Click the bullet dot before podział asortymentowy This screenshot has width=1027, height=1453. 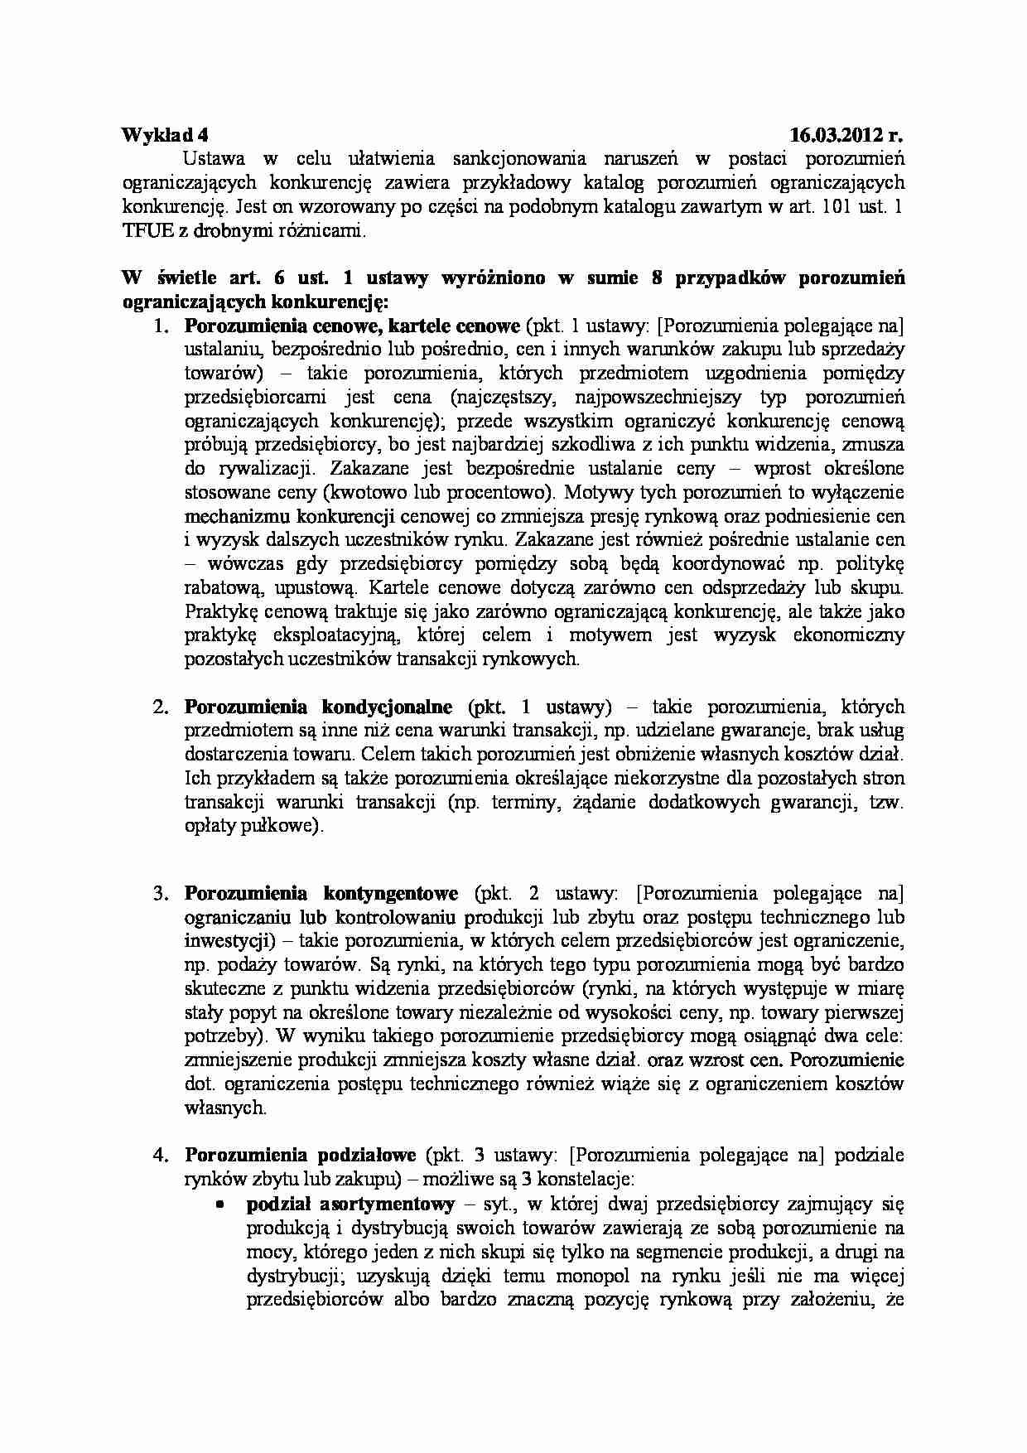221,1204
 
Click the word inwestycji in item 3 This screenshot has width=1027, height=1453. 224,940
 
